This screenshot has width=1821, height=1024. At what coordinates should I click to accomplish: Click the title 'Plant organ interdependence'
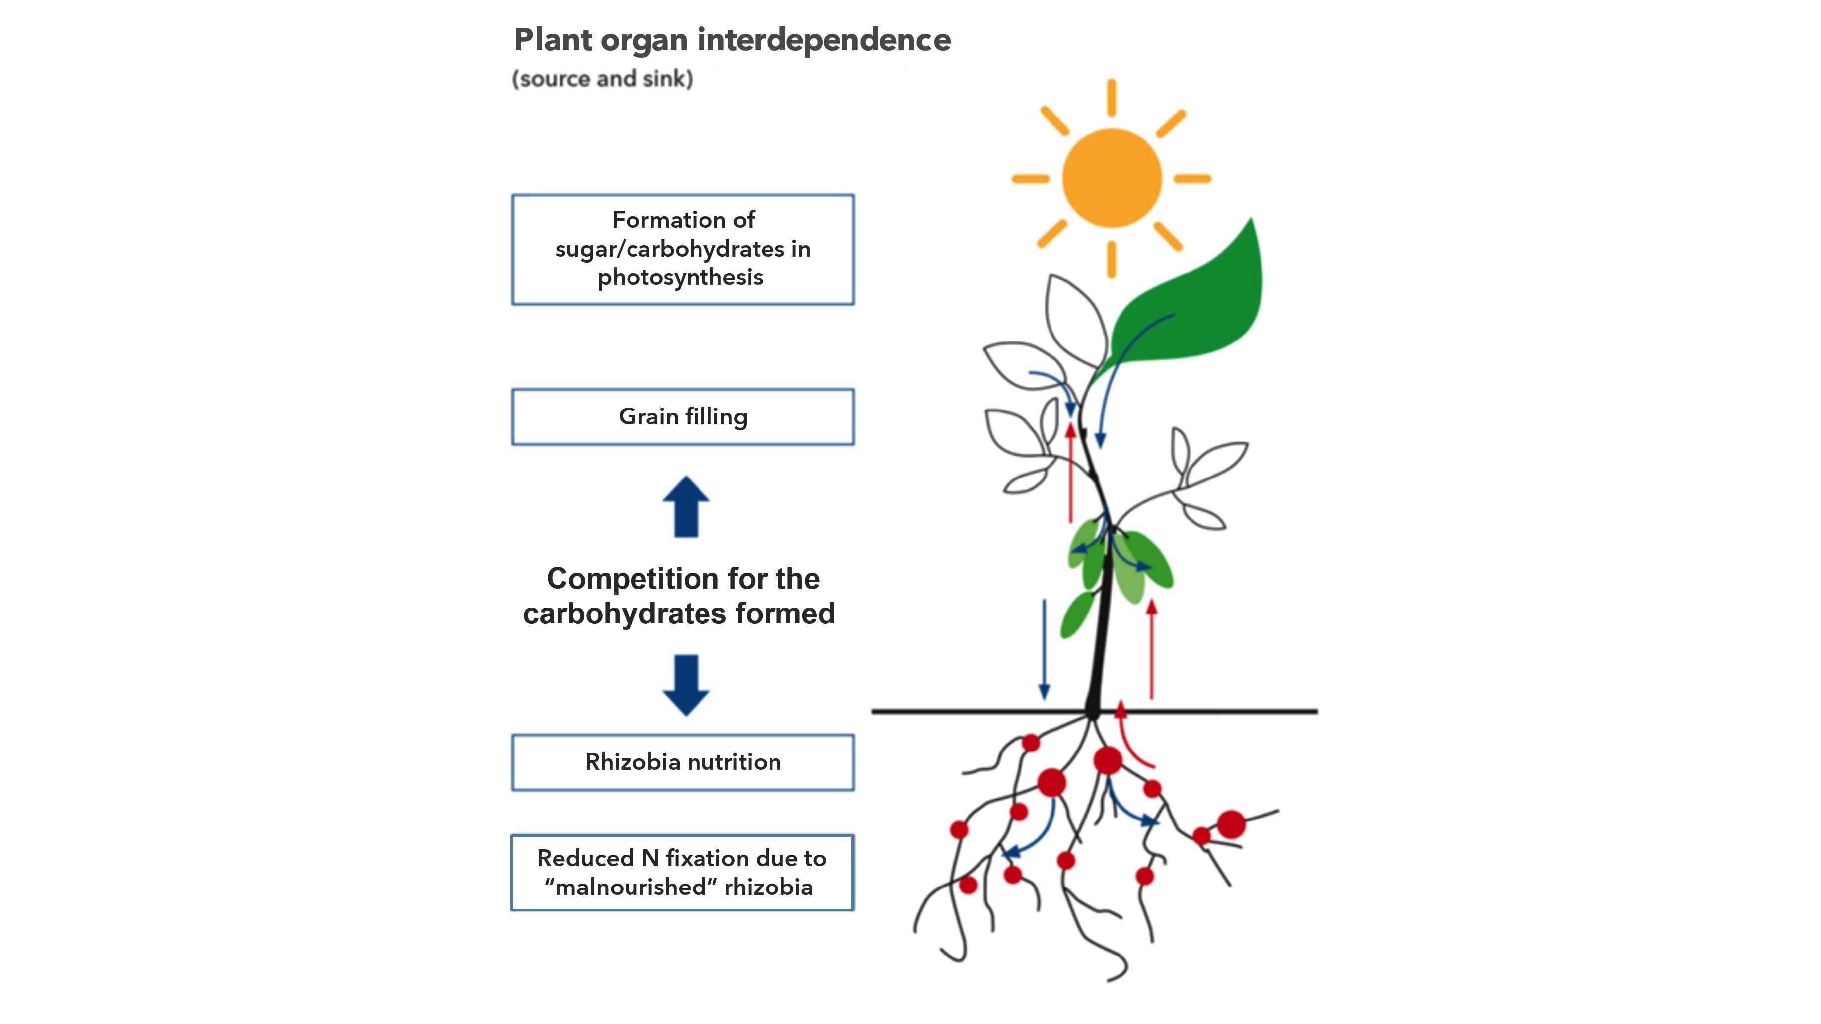pos(732,40)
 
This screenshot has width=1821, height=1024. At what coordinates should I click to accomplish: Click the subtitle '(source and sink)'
pos(602,78)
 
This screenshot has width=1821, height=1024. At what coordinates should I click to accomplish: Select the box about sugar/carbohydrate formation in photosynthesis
pos(683,250)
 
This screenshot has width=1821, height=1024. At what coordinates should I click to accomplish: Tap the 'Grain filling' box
pos(683,417)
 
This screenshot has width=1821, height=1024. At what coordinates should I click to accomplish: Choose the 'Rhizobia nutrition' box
pos(683,762)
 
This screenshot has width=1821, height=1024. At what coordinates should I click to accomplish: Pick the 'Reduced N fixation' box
pos(683,873)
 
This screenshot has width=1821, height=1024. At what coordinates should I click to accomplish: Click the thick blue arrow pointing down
pos(686,685)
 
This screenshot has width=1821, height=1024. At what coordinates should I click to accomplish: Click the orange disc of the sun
pos(1112,178)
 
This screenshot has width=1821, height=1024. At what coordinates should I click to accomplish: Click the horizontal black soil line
pos(1094,711)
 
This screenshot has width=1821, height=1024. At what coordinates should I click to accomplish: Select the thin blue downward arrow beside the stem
pos(1044,649)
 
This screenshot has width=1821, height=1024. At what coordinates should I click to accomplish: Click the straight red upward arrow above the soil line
pos(1152,649)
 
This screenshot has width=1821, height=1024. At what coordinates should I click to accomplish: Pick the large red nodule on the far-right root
pos(1231,824)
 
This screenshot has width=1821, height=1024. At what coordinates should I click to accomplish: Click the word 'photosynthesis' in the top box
pos(680,278)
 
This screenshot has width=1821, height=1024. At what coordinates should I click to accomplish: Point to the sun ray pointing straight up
pos(1112,97)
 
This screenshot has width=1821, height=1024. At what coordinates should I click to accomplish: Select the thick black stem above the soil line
pos(1100,629)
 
